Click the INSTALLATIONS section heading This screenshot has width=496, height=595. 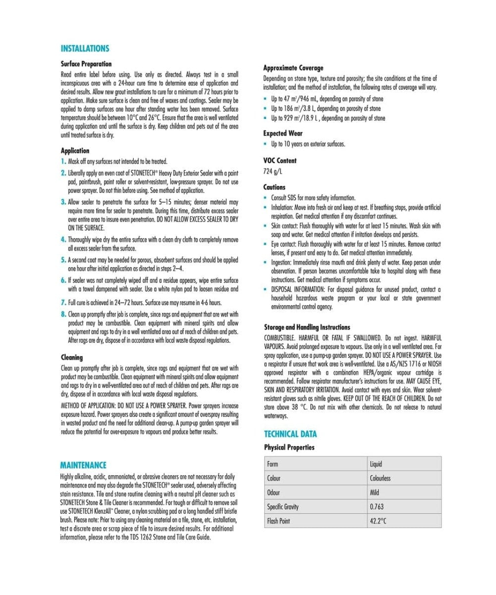[85, 49]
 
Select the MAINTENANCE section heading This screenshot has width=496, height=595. [83, 465]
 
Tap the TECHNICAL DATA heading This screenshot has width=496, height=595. [290, 434]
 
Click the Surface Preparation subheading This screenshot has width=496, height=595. [86, 64]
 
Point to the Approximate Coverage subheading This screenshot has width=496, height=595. [293, 68]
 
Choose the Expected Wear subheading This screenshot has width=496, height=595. [283, 133]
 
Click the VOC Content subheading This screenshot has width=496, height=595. [280, 161]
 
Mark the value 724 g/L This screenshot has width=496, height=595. [273, 172]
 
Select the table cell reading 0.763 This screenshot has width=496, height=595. [377, 507]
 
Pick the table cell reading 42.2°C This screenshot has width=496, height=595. [378, 521]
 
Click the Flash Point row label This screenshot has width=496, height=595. [278, 521]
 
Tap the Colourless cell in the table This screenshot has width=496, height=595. [380, 478]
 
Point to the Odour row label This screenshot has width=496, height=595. [274, 492]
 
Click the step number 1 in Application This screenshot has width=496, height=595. [63, 162]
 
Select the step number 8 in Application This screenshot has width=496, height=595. [63, 314]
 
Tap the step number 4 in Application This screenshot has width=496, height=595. [63, 239]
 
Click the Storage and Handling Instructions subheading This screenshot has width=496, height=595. [307, 327]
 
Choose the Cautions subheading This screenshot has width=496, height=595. [275, 187]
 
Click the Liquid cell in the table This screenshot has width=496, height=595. [376, 464]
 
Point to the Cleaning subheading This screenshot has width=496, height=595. [72, 357]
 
